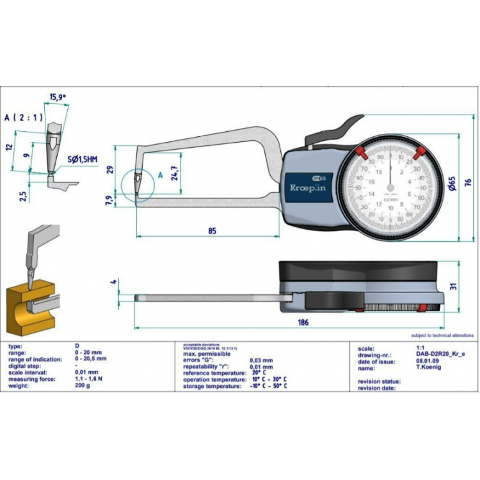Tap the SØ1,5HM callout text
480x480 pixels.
tap(82, 158)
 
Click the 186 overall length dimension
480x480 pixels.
tap(303, 323)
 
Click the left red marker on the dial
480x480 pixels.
tap(360, 152)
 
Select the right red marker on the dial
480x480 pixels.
tap(420, 152)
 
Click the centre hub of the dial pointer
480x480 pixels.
tap(390, 188)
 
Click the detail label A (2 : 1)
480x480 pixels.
tap(23, 118)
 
